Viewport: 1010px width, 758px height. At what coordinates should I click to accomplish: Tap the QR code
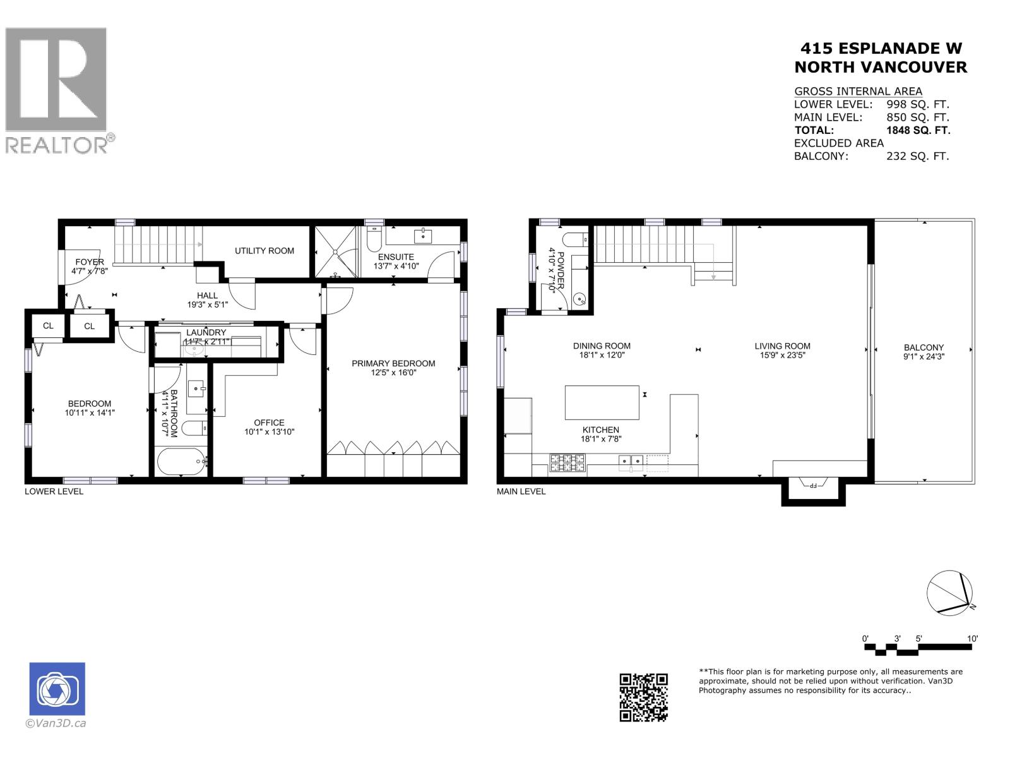point(643,697)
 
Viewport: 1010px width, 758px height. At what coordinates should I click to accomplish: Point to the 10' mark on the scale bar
point(972,639)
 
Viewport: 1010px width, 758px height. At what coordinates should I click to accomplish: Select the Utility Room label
point(264,251)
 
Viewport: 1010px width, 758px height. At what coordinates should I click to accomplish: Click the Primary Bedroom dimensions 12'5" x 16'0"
point(393,373)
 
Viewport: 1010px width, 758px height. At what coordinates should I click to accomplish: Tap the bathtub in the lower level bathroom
point(182,462)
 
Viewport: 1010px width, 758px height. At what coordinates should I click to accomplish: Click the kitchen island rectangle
point(602,402)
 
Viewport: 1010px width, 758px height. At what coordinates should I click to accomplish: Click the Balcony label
point(924,347)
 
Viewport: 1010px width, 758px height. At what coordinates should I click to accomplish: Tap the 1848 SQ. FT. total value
point(918,130)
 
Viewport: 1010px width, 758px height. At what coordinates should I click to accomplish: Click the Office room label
point(269,423)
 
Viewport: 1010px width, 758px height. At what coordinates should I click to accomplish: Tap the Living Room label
point(782,346)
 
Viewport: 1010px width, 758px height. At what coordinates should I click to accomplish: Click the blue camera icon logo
point(57,689)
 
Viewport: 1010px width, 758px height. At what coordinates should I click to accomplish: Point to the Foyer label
point(90,262)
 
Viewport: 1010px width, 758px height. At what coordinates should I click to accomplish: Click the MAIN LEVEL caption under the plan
point(521,491)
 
